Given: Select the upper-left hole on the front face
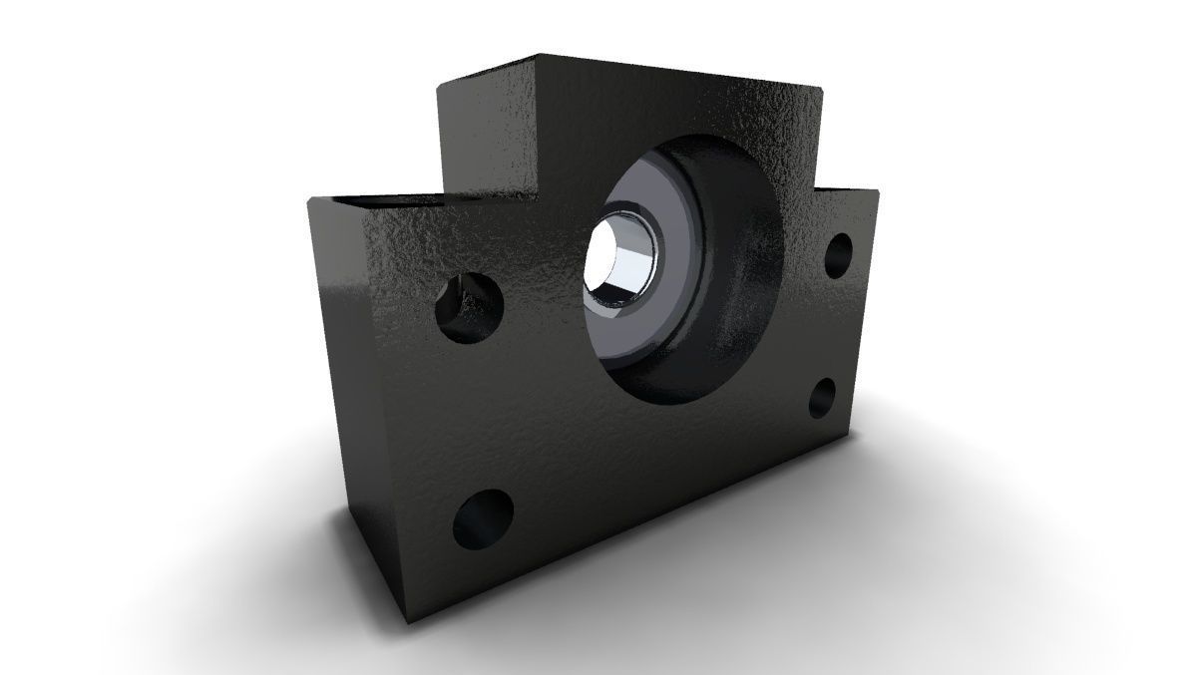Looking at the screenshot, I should point(469,305).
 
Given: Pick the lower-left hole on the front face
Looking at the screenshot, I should point(483,519).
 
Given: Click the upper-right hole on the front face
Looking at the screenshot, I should point(839,256).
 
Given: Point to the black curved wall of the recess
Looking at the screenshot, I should point(738,299).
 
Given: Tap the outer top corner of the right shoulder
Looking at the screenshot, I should point(878,189).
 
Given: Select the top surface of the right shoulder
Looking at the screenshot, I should point(848,186).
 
